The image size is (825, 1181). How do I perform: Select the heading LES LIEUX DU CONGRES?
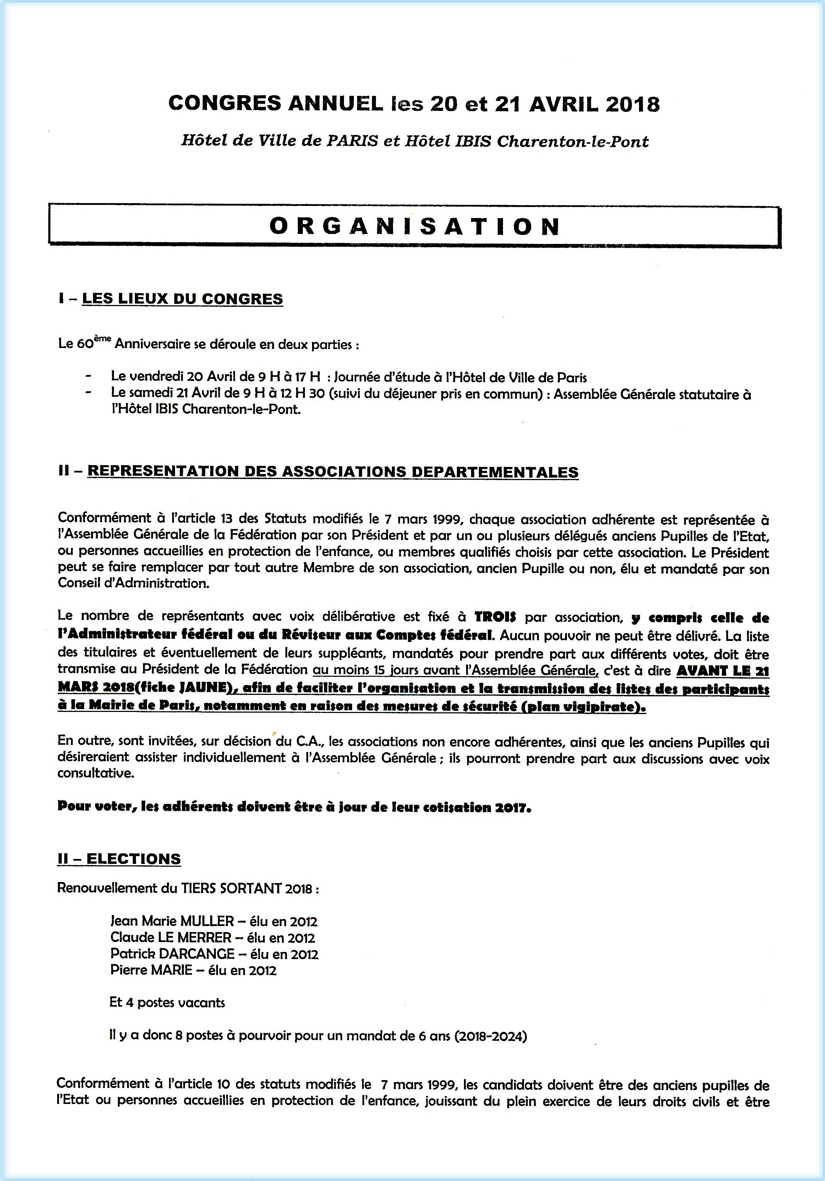pyautogui.click(x=182, y=299)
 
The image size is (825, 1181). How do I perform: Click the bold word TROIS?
pyautogui.click(x=495, y=617)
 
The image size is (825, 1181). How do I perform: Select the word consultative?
pyautogui.click(x=96, y=774)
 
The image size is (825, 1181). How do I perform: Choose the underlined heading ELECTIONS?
pyautogui.click(x=133, y=859)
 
